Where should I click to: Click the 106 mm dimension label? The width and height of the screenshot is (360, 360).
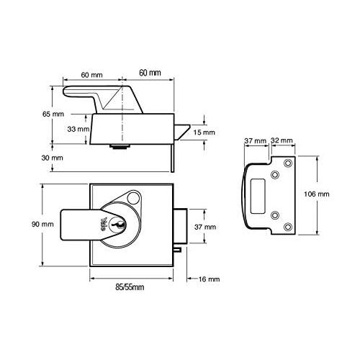point(318,194)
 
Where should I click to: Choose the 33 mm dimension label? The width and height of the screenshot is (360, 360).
point(78,130)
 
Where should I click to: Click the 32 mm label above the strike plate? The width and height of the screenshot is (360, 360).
point(282,141)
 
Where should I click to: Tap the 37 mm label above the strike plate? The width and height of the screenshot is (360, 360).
point(256,141)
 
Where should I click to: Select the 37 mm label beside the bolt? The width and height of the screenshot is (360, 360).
point(205,227)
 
